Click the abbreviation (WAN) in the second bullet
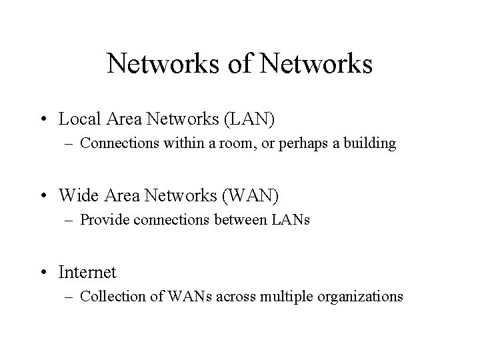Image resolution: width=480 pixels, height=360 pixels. [254, 196]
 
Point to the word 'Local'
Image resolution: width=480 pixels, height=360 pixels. [78, 120]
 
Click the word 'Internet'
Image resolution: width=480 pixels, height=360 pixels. [87, 273]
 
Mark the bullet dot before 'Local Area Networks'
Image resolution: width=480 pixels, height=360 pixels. [45, 121]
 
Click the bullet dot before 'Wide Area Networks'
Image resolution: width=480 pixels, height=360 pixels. [45, 197]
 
